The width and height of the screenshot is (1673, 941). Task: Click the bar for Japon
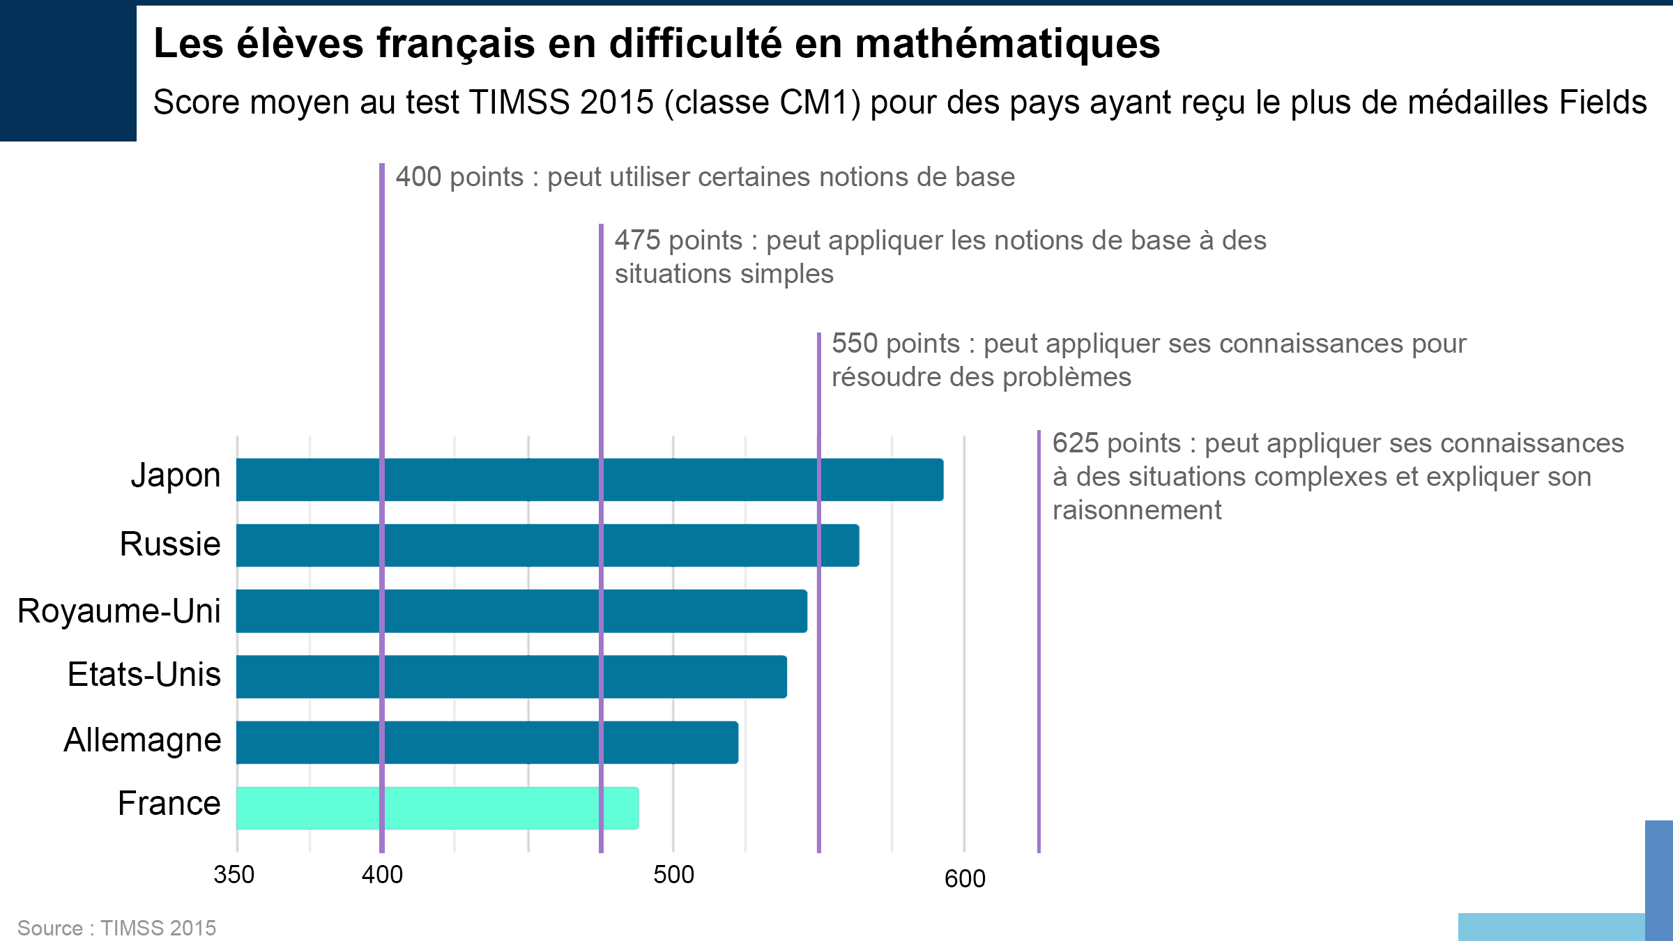click(x=589, y=480)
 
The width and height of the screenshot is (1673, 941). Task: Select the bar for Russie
click(x=547, y=545)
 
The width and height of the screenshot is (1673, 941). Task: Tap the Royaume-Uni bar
click(x=521, y=611)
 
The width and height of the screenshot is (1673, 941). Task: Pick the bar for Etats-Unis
click(x=511, y=677)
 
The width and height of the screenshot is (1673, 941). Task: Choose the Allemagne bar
click(x=487, y=742)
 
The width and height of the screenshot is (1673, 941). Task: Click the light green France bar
click(x=437, y=808)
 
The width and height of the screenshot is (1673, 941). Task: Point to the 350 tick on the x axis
click(x=234, y=875)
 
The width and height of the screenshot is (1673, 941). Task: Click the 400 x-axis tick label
click(x=382, y=875)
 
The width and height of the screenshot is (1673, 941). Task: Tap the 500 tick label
click(x=673, y=875)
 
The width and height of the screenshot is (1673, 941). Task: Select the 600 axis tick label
click(x=965, y=878)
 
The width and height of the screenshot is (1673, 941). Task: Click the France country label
click(x=169, y=804)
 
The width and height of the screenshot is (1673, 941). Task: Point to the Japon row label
click(x=176, y=476)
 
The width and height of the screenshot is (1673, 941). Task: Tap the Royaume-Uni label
click(x=119, y=611)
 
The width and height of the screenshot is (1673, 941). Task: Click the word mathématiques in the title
click(x=1007, y=43)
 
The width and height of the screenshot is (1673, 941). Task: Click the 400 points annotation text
click(x=705, y=177)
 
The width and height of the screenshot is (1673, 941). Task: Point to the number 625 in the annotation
click(x=1075, y=443)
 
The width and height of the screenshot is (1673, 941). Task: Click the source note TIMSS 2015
click(x=158, y=928)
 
